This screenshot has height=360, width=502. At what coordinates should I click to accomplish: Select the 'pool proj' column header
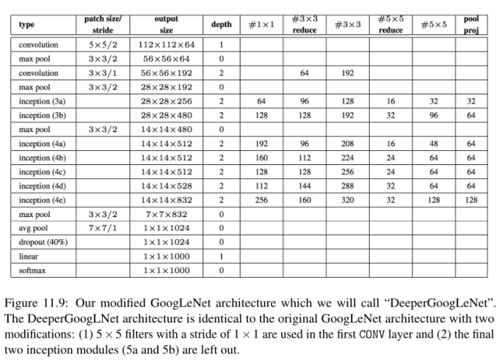[470, 24]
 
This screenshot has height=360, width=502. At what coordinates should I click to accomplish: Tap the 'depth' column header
[221, 25]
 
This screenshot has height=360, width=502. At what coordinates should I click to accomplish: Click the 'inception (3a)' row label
[43, 101]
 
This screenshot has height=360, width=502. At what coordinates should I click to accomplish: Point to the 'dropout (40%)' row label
[43, 242]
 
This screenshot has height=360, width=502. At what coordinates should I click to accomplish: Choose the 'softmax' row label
[32, 271]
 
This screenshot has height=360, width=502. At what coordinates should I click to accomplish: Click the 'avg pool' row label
[35, 228]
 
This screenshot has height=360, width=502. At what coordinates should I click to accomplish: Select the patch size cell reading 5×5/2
[103, 45]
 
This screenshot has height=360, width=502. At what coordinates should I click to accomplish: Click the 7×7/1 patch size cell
[103, 228]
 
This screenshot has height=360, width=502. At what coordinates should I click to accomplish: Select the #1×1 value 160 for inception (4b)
[261, 158]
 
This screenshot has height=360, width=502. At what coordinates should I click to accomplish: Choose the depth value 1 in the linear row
[221, 257]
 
